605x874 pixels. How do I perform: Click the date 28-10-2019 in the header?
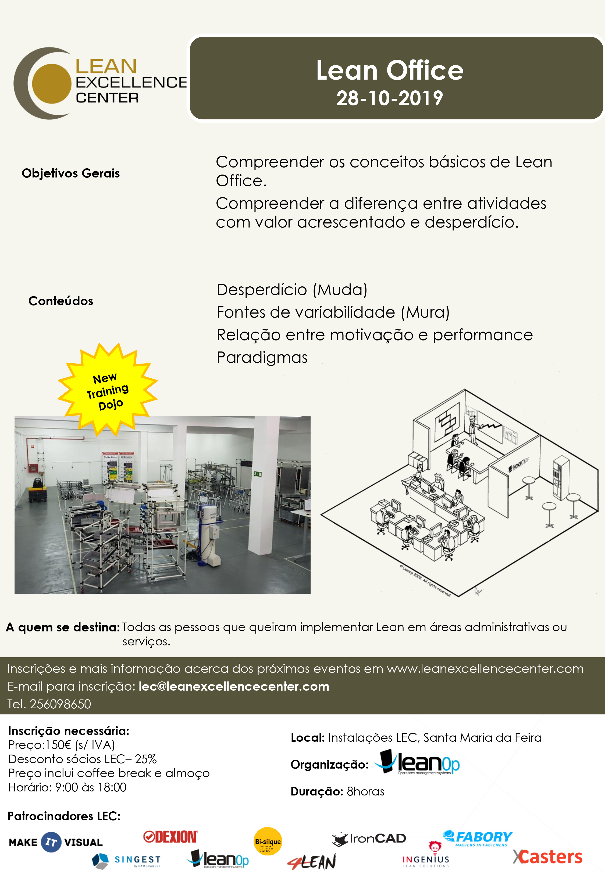pyautogui.click(x=389, y=98)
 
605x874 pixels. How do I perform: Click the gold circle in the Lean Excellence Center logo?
pyautogui.click(x=52, y=84)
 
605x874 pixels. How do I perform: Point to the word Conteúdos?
pyautogui.click(x=61, y=301)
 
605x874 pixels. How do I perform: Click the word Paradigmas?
pyautogui.click(x=262, y=357)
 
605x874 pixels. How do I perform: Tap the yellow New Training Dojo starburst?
pyautogui.click(x=108, y=390)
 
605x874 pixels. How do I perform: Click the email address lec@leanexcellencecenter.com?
pyautogui.click(x=234, y=686)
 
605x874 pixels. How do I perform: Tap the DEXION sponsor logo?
pyautogui.click(x=170, y=836)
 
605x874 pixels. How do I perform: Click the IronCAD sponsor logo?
pyautogui.click(x=369, y=839)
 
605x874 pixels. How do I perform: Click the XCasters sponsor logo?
pyautogui.click(x=547, y=857)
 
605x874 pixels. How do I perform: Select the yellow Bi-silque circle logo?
pyautogui.click(x=268, y=841)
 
